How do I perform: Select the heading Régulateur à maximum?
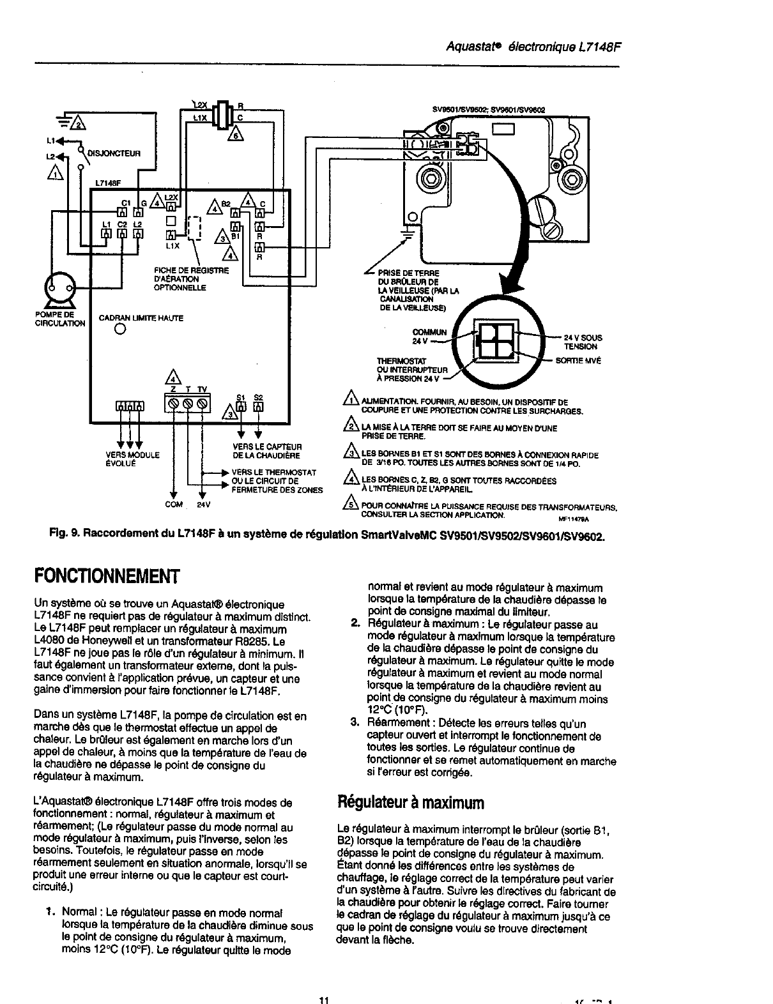click(x=410, y=802)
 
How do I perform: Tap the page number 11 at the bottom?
click(x=323, y=1000)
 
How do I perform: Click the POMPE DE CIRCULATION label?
click(x=60, y=319)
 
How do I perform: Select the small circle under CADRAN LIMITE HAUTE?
click(x=119, y=330)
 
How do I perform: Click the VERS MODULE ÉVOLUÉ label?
click(x=132, y=459)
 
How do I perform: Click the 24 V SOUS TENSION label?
click(x=583, y=342)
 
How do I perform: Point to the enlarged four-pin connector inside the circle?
click(x=495, y=343)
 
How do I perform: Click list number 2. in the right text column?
click(x=356, y=624)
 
